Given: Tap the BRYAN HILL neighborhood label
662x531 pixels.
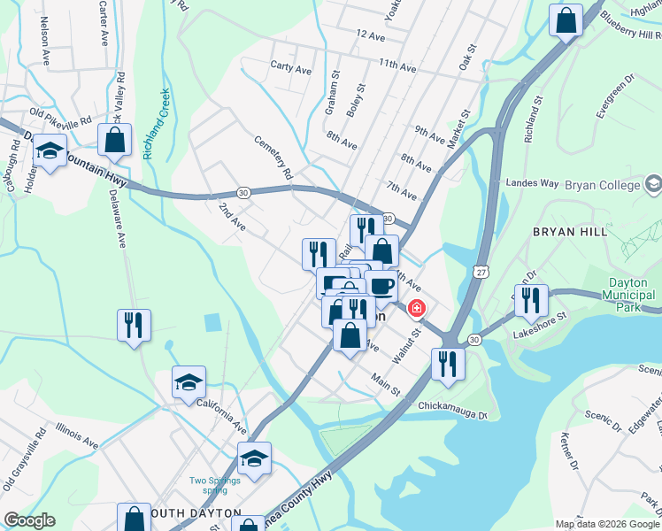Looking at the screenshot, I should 569,231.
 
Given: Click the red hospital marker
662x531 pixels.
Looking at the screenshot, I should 416,309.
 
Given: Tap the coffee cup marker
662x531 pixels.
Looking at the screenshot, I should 381,286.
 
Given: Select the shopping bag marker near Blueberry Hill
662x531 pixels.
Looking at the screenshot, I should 566,19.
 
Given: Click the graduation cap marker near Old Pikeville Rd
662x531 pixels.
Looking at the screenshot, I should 50,152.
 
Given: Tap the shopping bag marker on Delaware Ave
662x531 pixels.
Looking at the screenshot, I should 115,140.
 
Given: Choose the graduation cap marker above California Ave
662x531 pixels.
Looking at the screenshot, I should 189,383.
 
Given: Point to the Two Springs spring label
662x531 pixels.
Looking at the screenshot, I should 214,485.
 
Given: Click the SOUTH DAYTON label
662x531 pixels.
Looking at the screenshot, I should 196,513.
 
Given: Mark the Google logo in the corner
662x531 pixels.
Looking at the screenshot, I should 29,520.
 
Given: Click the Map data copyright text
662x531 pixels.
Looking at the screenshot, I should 607,524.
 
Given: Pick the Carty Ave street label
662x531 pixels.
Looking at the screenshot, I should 291,68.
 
